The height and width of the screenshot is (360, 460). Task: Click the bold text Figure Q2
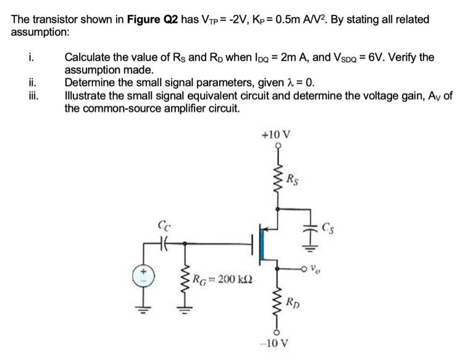point(153,19)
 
